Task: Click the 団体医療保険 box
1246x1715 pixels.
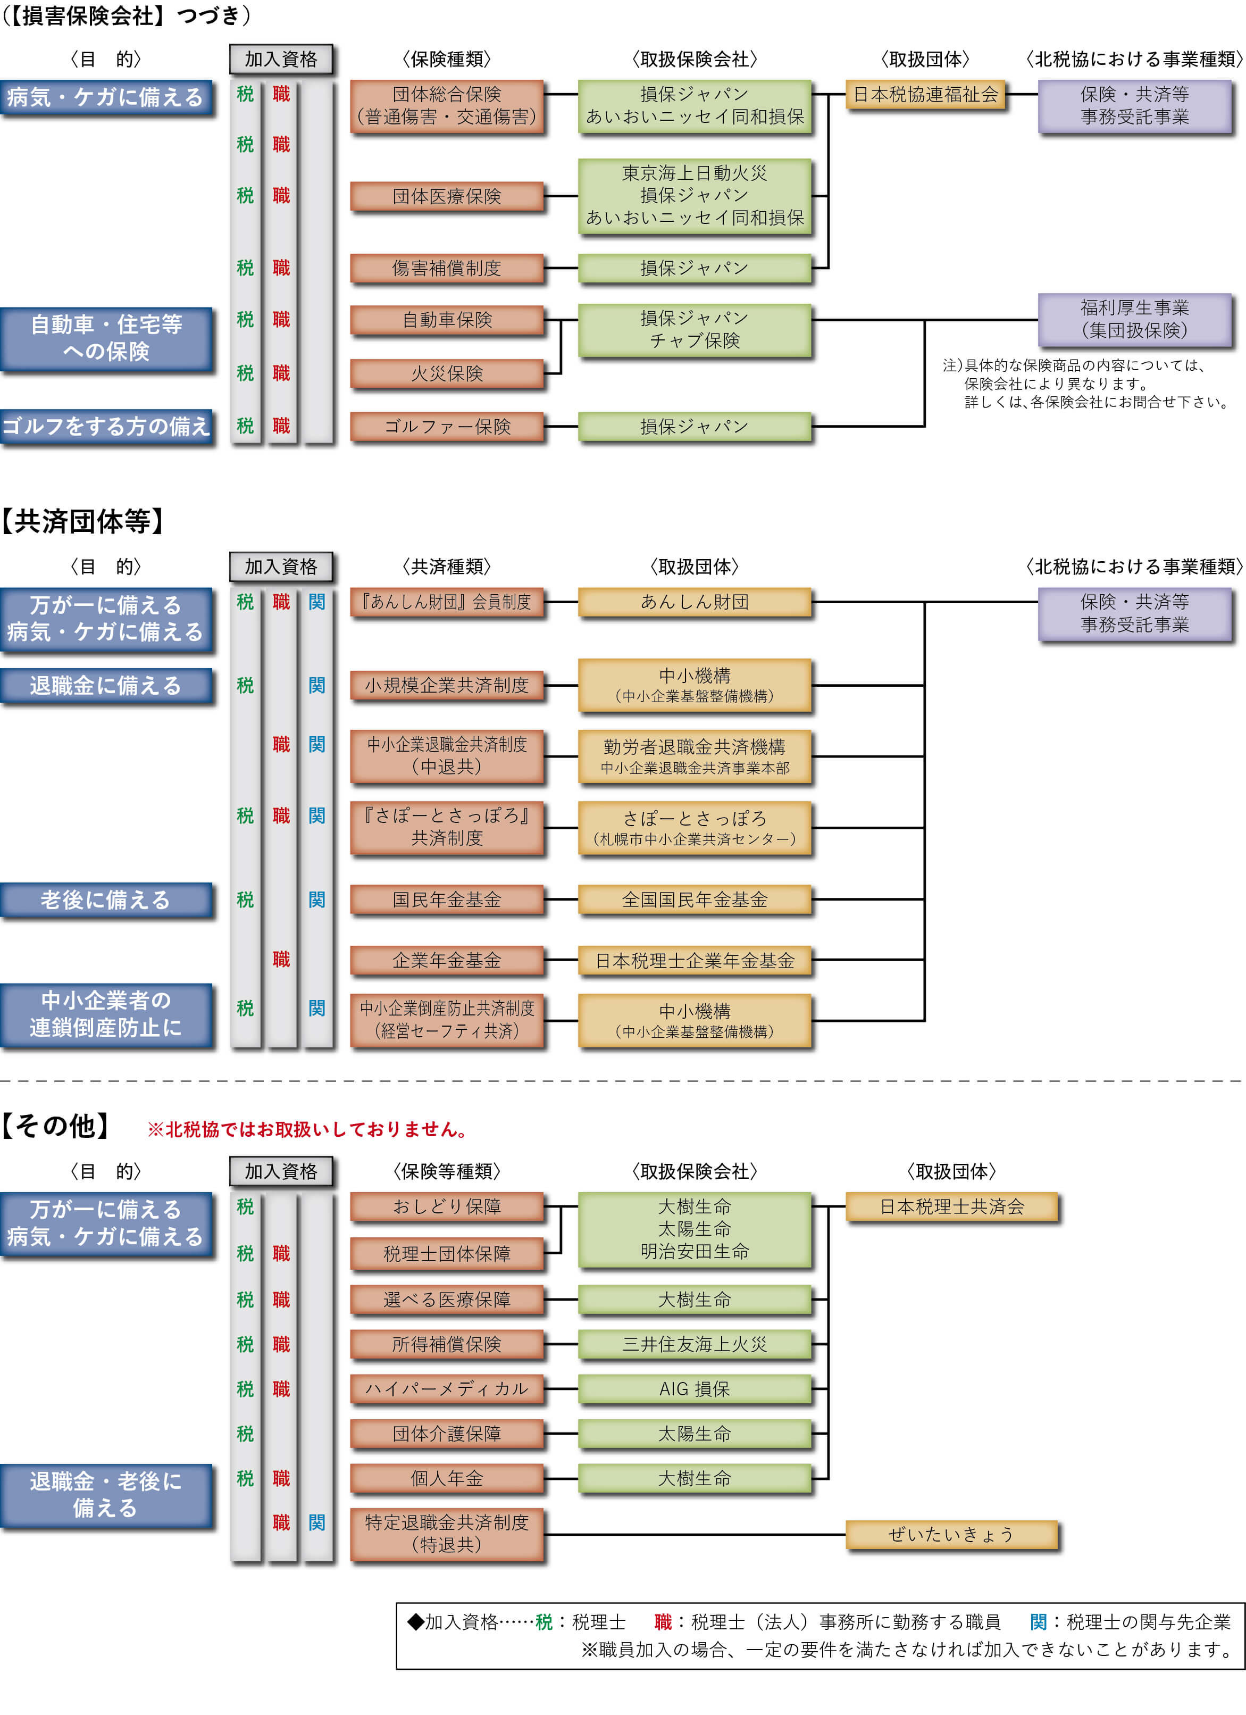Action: click(x=446, y=197)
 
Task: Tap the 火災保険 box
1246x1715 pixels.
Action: click(x=446, y=373)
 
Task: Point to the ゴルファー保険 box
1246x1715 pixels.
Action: click(x=446, y=427)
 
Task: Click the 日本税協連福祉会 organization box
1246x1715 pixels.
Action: click(x=925, y=95)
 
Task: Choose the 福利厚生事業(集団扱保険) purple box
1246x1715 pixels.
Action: click(x=1134, y=319)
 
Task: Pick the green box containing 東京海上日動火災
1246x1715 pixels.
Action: click(x=694, y=196)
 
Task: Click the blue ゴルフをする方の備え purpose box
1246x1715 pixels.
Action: click(x=106, y=427)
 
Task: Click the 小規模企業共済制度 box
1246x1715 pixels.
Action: click(x=446, y=685)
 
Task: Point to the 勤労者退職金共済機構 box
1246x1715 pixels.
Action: click(x=694, y=756)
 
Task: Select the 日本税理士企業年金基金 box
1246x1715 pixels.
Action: click(x=694, y=960)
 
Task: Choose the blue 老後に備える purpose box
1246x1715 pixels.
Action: click(x=106, y=900)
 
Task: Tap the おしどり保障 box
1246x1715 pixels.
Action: click(x=446, y=1207)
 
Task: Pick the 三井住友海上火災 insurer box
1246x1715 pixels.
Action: click(x=694, y=1344)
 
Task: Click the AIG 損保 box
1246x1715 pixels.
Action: click(x=694, y=1388)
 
